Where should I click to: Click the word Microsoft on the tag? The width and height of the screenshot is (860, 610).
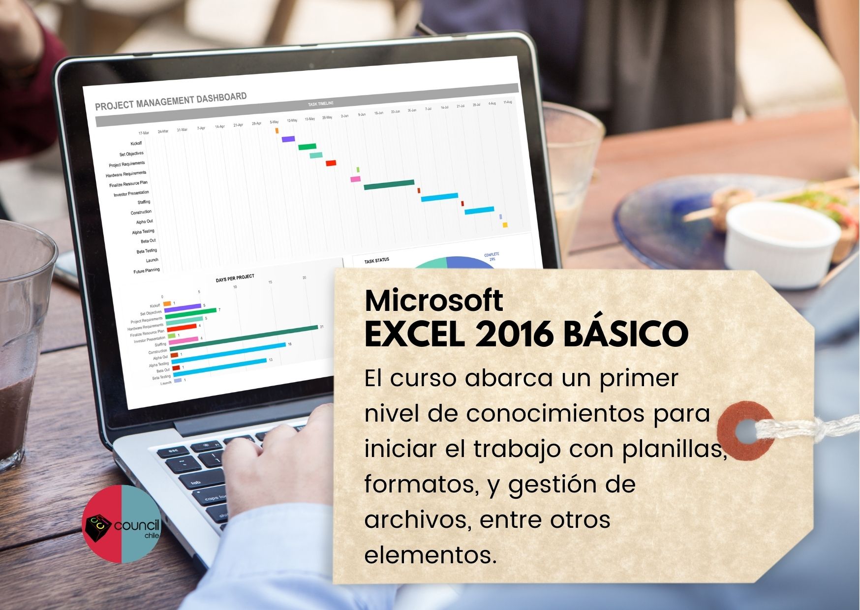(433, 300)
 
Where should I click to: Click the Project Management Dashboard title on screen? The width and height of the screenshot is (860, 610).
(171, 101)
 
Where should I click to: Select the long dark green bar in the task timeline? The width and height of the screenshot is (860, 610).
(389, 184)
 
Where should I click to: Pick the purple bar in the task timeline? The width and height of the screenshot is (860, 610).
(288, 139)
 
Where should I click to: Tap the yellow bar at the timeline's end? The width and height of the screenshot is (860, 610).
(505, 225)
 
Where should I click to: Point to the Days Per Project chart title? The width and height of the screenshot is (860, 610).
(235, 278)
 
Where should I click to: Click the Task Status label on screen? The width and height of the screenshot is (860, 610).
(376, 260)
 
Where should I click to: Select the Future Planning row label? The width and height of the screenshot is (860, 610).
(146, 271)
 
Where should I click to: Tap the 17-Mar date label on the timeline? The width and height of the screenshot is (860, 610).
(144, 133)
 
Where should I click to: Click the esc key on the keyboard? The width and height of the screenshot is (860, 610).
(173, 451)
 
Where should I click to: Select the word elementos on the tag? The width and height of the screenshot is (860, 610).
(430, 555)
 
